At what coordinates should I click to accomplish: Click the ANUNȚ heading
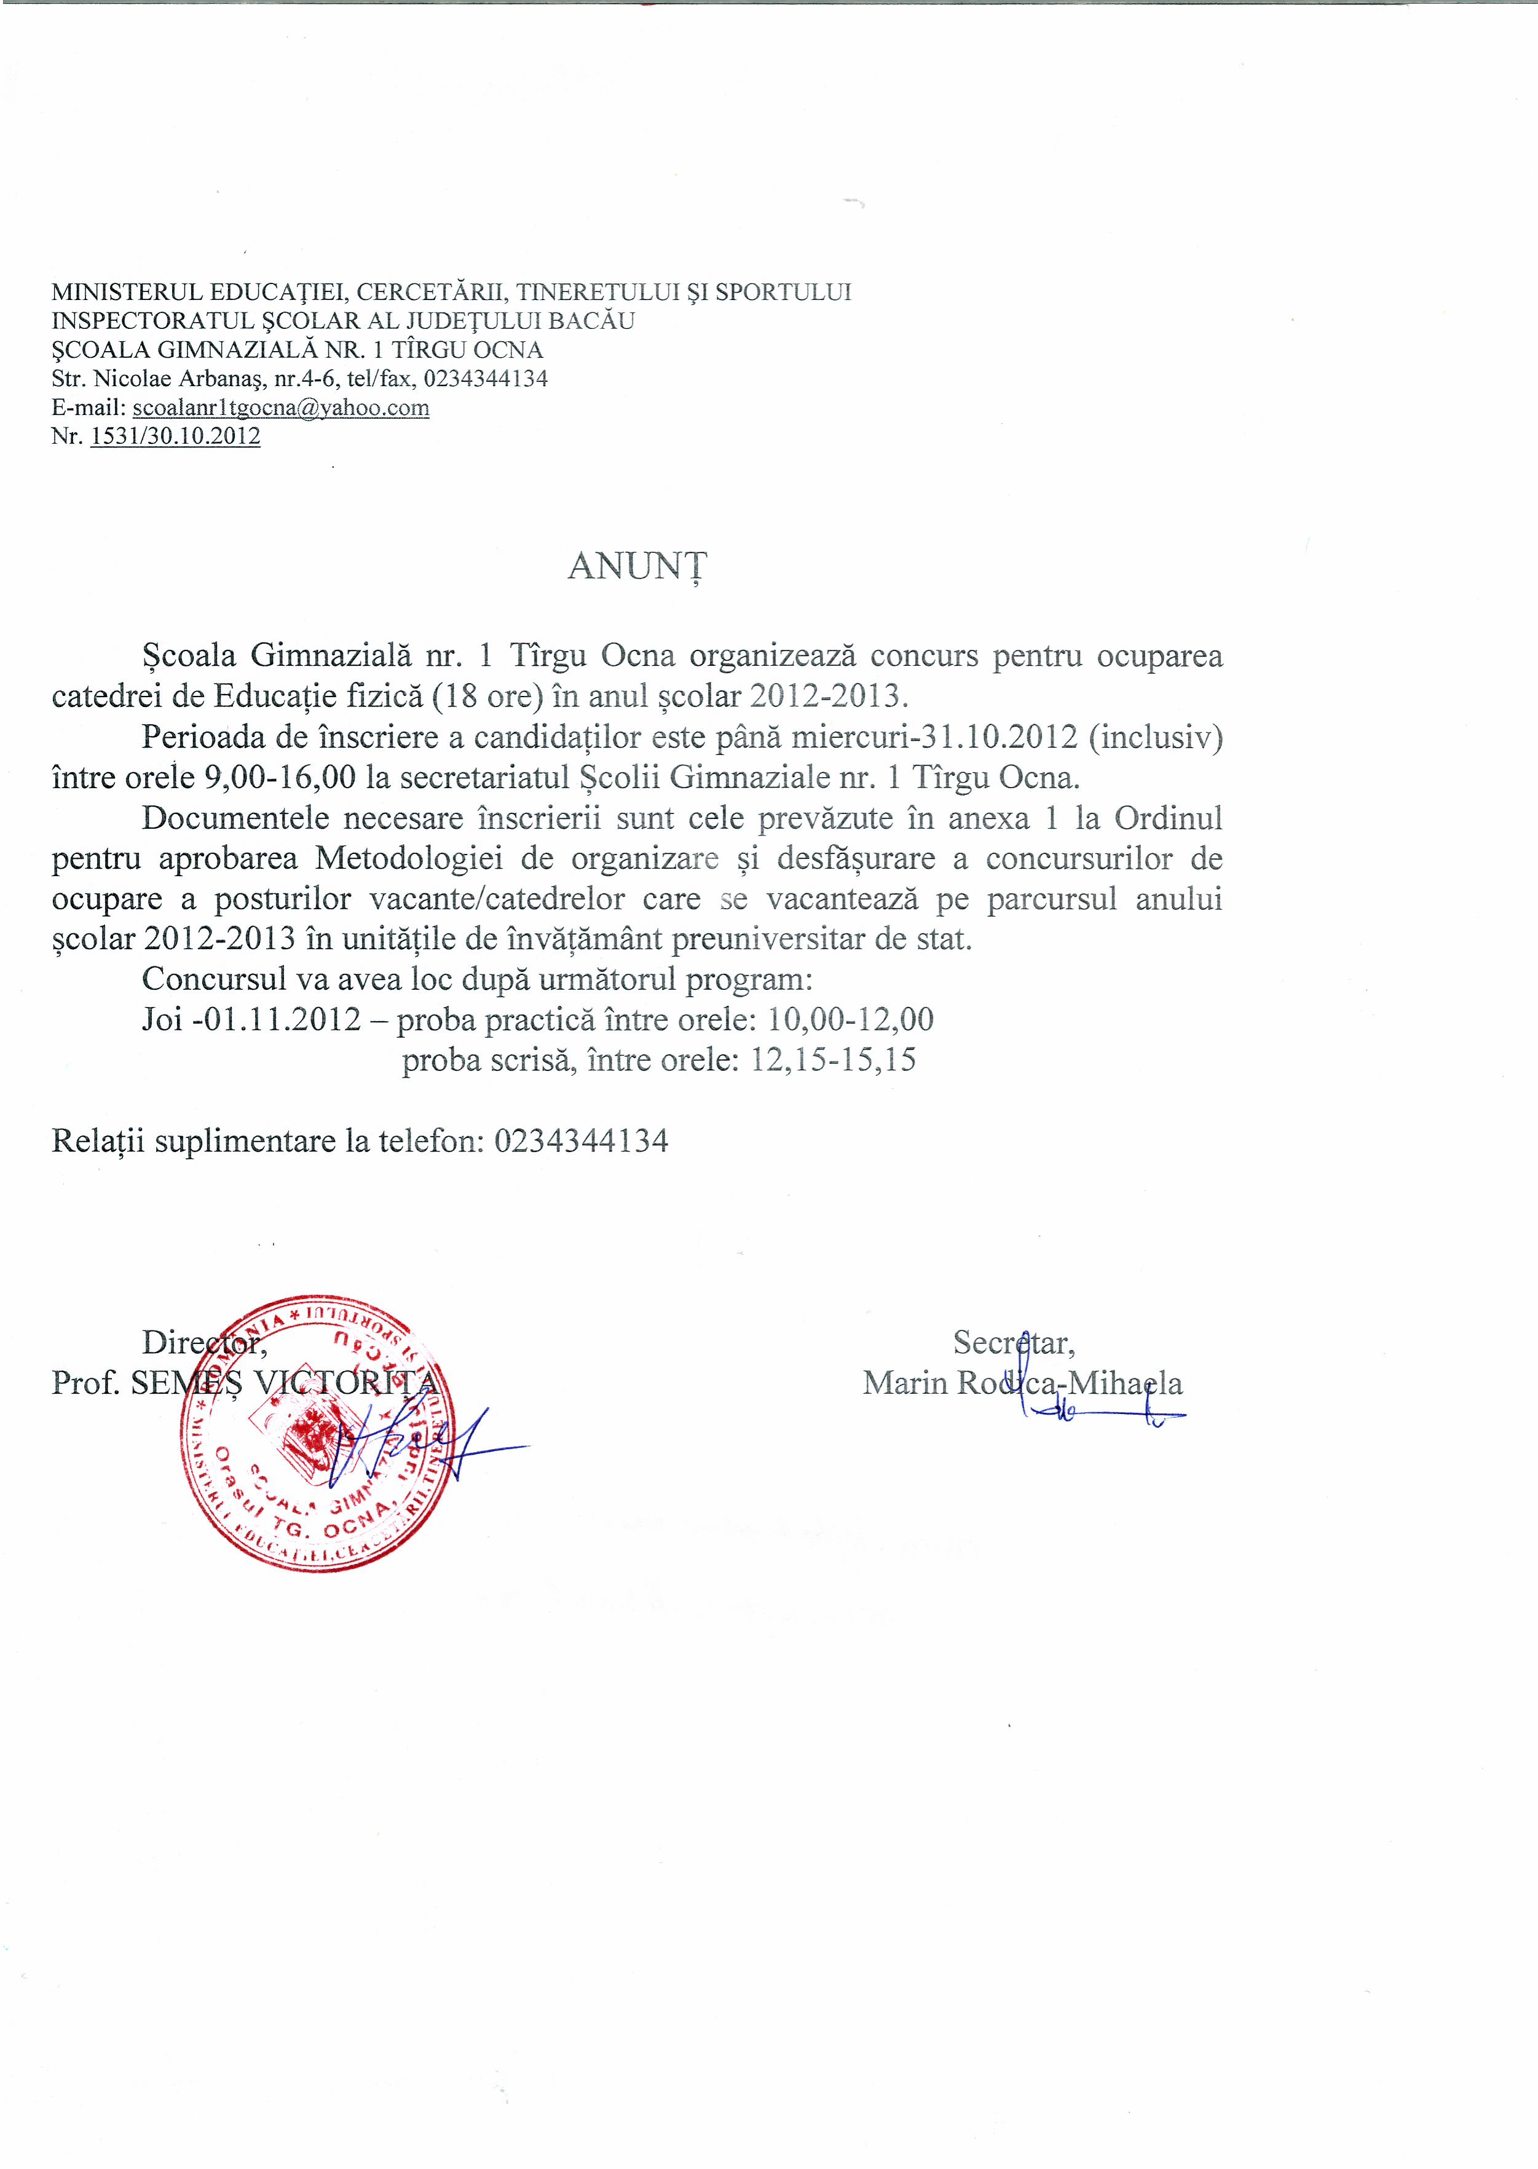637,566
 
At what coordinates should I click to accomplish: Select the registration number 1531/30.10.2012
175,437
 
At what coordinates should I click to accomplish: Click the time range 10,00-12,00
850,1020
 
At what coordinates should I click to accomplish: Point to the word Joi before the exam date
162,1020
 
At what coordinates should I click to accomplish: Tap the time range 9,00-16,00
280,778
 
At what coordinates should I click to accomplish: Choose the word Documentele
235,818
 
